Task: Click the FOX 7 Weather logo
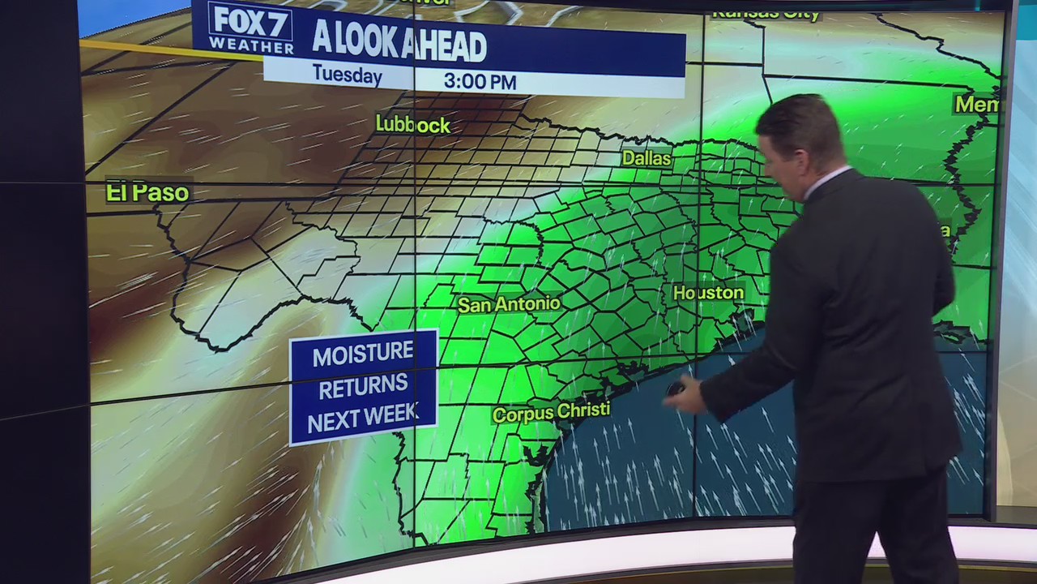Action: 250,28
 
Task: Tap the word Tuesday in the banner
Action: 347,76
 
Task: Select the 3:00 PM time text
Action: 480,81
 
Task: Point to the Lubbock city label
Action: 412,124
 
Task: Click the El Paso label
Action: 147,192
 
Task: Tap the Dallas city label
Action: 646,158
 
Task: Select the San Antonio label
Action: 509,304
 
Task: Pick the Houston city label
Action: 708,292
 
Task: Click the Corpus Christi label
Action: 551,412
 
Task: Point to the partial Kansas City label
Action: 766,13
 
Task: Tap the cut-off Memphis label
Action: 976,104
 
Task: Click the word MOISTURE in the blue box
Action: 363,354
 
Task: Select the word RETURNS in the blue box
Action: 363,388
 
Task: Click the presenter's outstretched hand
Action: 682,395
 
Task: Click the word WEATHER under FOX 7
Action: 250,45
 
